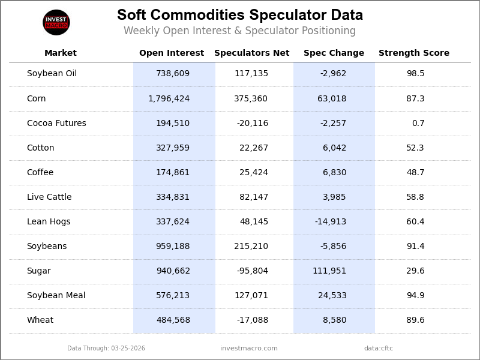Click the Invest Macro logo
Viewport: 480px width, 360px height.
56,22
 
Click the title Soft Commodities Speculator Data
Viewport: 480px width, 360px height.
240,16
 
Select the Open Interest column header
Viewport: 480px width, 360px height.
172,53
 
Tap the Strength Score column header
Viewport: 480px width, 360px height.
413,53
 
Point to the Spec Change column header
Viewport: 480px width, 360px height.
334,53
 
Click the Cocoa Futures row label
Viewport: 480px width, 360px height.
56,124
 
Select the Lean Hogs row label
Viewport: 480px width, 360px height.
49,222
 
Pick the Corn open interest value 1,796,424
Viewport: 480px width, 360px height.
169,99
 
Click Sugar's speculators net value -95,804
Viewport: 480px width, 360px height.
252,271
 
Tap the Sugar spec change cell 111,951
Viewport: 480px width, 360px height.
329,271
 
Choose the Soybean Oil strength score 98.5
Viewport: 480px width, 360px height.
415,74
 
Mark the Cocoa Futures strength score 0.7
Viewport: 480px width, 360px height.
418,124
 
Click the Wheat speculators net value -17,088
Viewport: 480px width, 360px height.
252,320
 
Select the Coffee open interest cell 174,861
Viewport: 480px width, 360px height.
173,173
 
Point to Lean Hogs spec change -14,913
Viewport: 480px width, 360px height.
331,222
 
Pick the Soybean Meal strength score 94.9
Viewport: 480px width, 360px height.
415,296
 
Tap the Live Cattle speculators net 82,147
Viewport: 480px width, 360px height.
254,197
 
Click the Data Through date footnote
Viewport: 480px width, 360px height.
106,349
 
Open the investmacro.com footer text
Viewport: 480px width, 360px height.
249,349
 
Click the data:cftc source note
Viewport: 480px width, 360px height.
379,349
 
